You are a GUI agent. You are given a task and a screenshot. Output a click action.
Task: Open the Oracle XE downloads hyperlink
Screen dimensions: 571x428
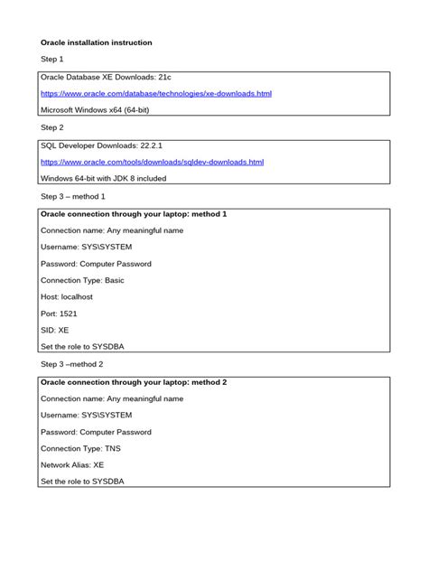click(x=156, y=93)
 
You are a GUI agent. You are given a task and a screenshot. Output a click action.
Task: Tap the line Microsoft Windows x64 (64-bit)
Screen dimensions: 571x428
click(x=101, y=109)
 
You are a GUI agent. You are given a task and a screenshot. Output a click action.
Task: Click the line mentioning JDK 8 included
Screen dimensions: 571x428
click(x=104, y=178)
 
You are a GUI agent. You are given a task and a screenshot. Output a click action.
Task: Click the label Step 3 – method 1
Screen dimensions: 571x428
click(x=73, y=196)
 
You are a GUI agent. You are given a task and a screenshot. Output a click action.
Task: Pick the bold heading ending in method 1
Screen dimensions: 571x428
click(x=134, y=214)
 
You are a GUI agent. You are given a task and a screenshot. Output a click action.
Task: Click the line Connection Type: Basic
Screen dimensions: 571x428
click(x=83, y=280)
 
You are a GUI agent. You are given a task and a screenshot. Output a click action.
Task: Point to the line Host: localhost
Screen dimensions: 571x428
click(x=67, y=296)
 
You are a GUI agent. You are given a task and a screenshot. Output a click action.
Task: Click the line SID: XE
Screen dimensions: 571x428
click(x=55, y=330)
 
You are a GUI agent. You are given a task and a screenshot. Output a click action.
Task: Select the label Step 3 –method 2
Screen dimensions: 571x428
click(x=73, y=364)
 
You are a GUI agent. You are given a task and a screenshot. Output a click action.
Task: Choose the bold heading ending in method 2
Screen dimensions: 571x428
click(x=134, y=382)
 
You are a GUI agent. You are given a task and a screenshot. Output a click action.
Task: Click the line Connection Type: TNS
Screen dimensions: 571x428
click(x=81, y=448)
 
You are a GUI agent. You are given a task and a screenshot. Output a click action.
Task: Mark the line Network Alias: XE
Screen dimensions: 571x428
click(x=72, y=464)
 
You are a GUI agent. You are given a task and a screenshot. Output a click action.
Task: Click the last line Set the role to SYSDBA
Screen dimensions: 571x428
click(x=82, y=482)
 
